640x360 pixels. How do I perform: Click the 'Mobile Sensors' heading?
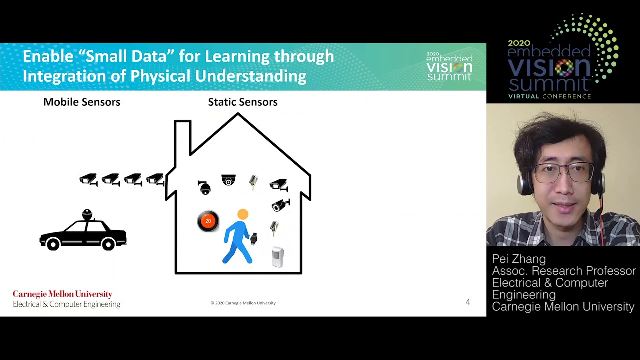82,102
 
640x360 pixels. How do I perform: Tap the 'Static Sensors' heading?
243,102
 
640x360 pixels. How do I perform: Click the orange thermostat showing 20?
208,221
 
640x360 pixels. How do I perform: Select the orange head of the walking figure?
243,214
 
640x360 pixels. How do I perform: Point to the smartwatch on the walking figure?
253,239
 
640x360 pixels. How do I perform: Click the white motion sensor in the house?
277,257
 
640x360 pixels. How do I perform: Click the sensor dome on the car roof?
87,214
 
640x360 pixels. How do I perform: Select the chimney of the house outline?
183,137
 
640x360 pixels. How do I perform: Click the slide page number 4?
467,302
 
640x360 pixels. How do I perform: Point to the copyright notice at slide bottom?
243,303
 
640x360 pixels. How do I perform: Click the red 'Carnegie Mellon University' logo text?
63,294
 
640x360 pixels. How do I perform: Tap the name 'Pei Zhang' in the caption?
519,259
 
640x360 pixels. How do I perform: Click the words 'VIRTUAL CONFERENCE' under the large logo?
549,96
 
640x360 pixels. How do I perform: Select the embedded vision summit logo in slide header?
449,66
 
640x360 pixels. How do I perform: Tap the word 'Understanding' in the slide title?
251,76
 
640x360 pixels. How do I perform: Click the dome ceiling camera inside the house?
228,180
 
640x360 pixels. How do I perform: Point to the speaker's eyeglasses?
563,172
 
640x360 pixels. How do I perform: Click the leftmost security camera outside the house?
88,179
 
